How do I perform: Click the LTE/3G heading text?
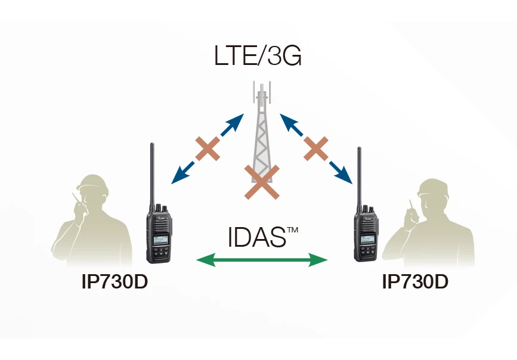click(x=258, y=55)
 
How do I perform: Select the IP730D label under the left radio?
click(x=114, y=281)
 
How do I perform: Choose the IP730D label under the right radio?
click(x=415, y=281)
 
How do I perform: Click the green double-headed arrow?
click(x=262, y=260)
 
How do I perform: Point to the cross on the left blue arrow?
click(x=208, y=149)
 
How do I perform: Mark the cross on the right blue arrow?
click(x=316, y=149)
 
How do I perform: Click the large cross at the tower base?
click(x=262, y=182)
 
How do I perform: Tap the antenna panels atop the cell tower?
click(x=262, y=92)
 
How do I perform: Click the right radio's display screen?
click(x=368, y=240)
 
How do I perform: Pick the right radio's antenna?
click(x=360, y=179)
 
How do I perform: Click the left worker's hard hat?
click(x=92, y=183)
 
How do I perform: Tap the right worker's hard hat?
click(x=432, y=187)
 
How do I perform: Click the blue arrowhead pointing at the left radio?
click(x=179, y=176)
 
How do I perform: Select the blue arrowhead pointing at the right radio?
click(x=344, y=175)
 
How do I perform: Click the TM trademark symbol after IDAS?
click(x=292, y=229)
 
